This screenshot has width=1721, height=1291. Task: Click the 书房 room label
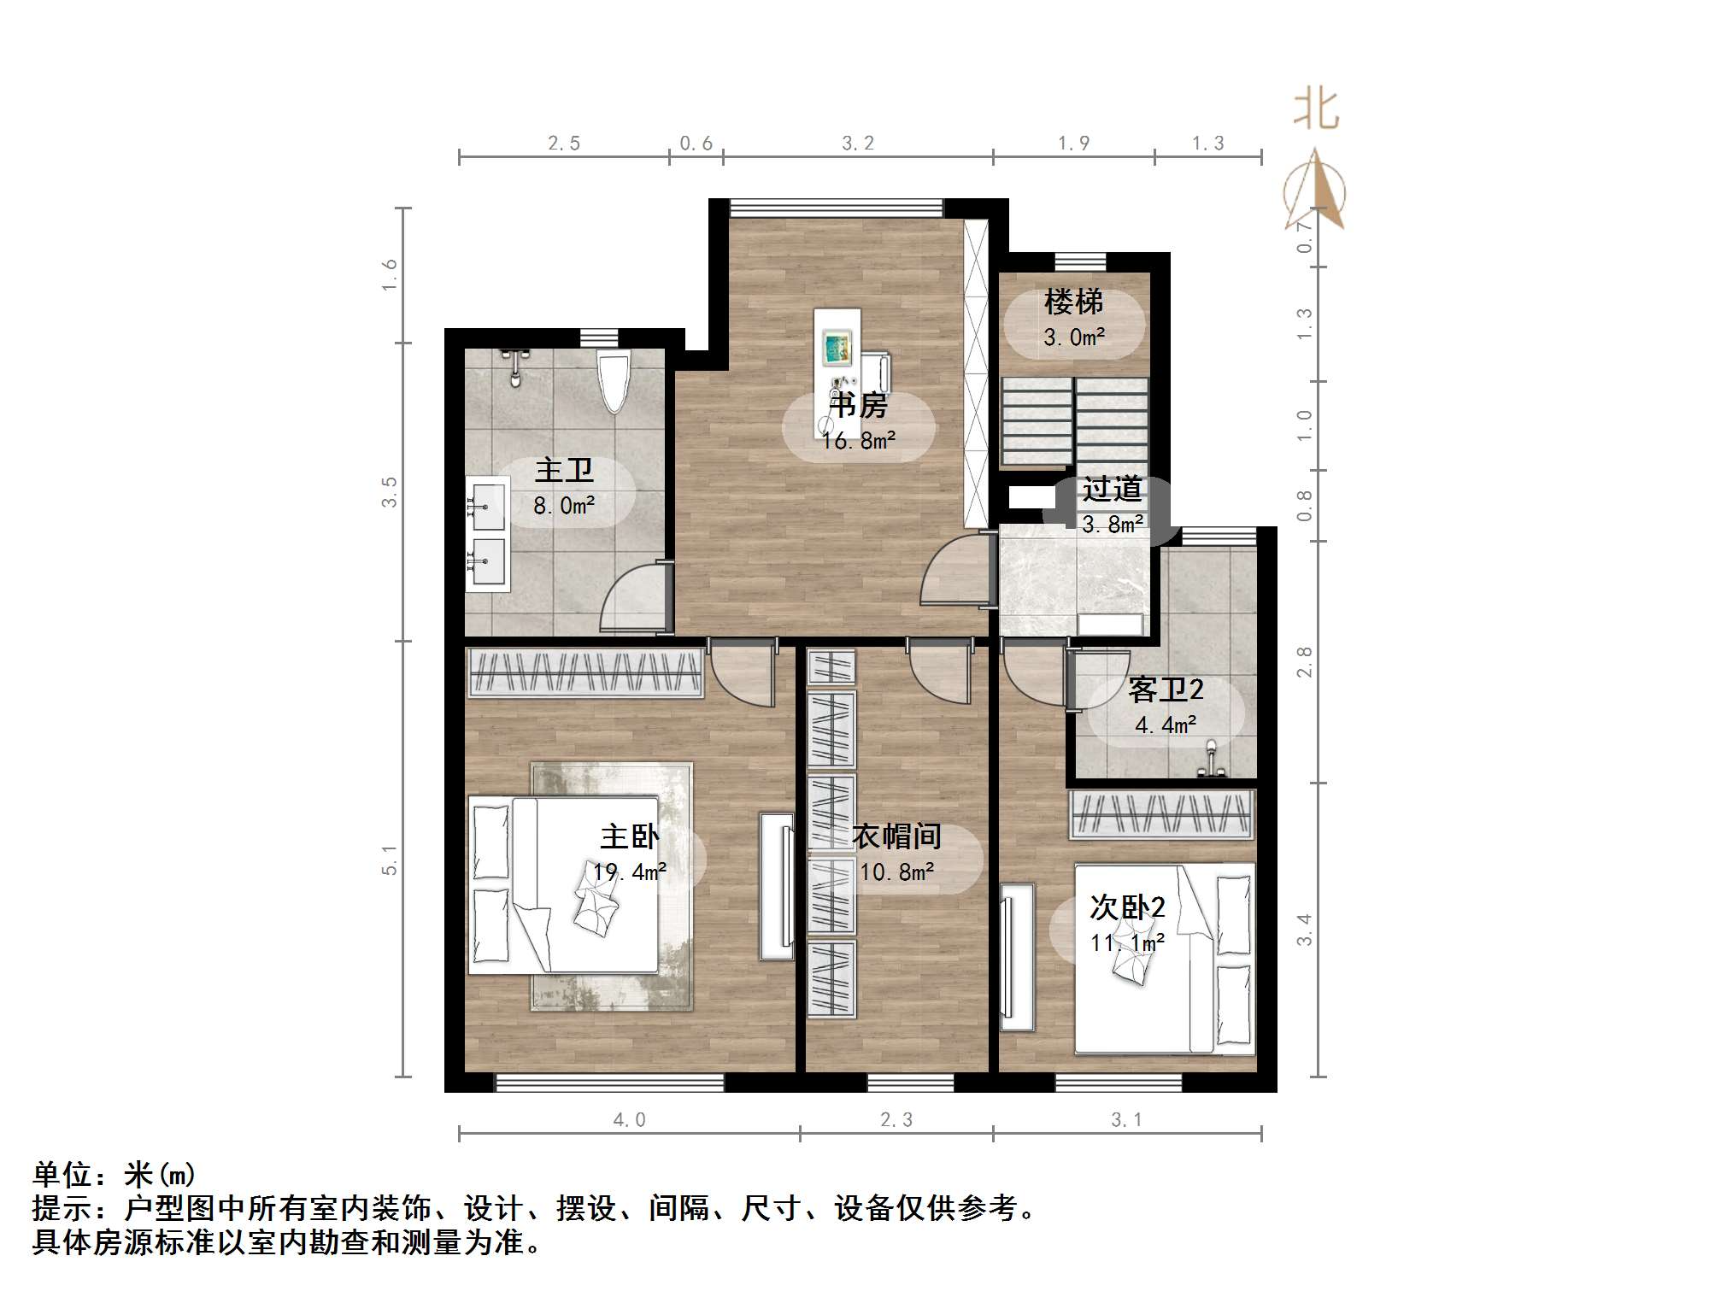pos(859,405)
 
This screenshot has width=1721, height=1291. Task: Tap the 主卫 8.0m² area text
pos(564,506)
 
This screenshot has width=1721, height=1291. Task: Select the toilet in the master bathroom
pos(614,382)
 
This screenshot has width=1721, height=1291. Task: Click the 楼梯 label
pos(1073,302)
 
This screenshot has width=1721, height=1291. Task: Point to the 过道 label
pos(1112,489)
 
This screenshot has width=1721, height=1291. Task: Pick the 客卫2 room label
pos(1166,690)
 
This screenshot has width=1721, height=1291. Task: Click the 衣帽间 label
pos(896,836)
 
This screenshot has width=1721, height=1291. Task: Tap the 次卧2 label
pos(1127,907)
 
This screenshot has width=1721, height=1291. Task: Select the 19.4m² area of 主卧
pos(630,872)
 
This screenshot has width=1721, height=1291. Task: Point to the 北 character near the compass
pos(1316,110)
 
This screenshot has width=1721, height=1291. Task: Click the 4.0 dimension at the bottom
pos(630,1120)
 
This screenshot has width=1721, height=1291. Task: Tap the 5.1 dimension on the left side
pos(390,860)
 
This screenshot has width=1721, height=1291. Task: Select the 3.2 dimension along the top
pos(858,144)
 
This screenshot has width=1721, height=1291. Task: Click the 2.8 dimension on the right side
pos(1305,662)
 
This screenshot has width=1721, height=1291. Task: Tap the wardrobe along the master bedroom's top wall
pos(585,672)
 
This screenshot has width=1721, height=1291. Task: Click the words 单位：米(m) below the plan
pos(115,1175)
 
